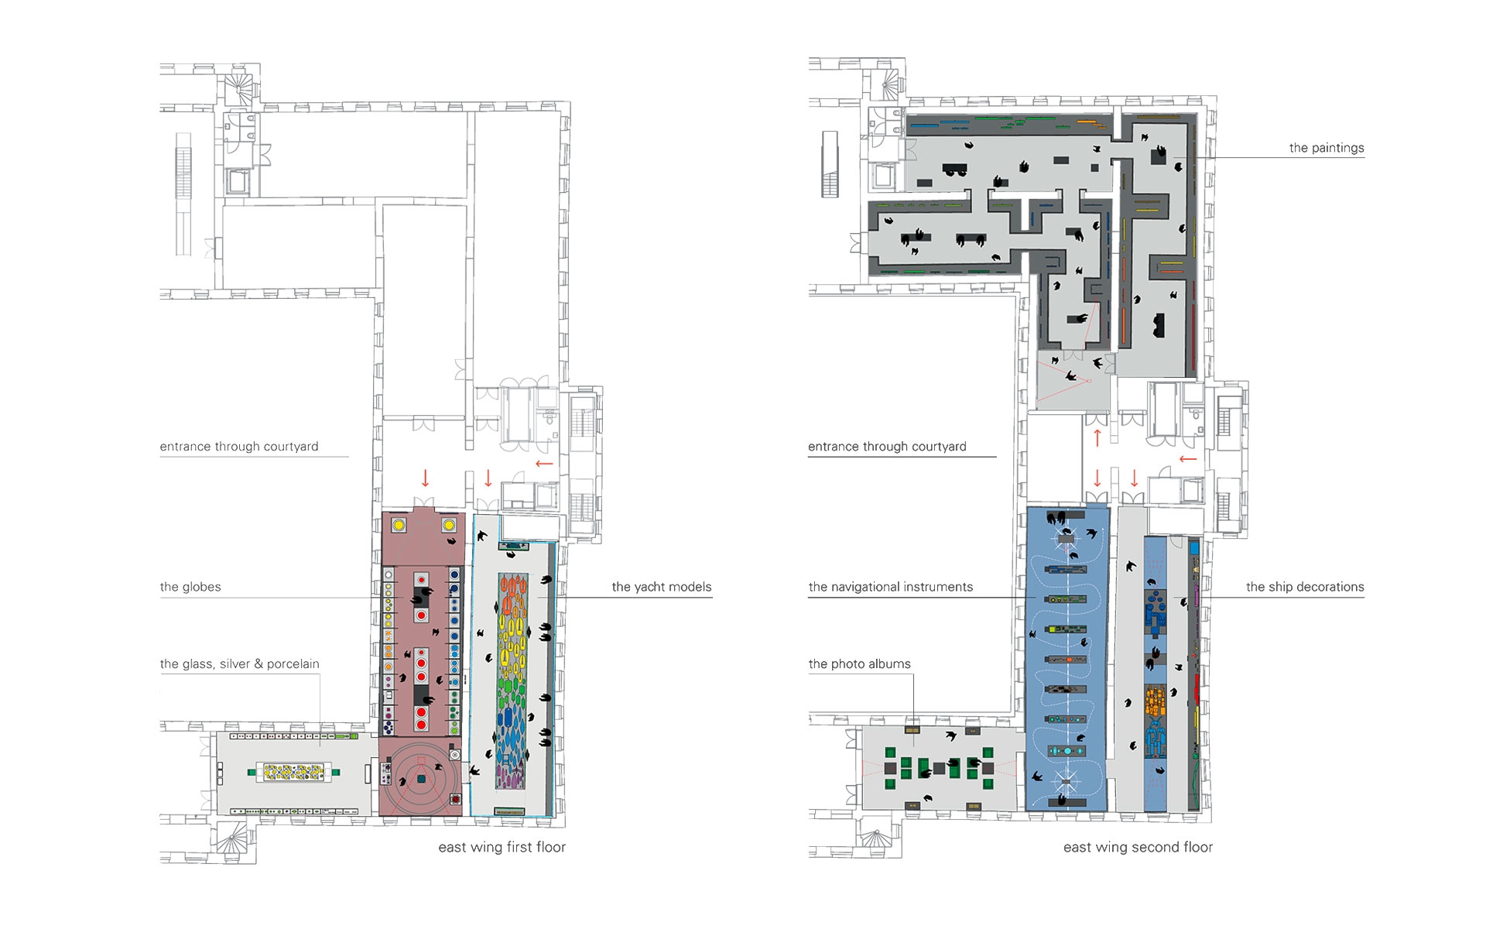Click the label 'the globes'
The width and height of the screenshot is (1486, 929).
click(x=190, y=587)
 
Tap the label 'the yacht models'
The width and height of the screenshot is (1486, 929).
click(x=662, y=587)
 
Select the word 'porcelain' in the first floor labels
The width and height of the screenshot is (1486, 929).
click(x=293, y=663)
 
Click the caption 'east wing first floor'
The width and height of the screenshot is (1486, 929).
click(x=502, y=847)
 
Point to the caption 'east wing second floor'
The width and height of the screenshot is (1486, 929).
click(x=1138, y=847)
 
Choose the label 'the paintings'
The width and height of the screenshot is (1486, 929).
click(x=1327, y=148)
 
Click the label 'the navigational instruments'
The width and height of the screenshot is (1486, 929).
click(x=891, y=587)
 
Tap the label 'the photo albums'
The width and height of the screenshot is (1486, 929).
click(x=859, y=663)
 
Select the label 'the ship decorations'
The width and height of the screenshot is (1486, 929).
click(x=1305, y=587)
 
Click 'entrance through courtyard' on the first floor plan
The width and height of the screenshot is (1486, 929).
click(x=239, y=447)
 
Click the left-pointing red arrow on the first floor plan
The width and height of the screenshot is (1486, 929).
click(x=544, y=464)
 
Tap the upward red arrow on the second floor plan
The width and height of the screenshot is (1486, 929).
click(x=1097, y=438)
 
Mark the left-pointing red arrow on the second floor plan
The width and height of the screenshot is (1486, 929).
click(x=1188, y=459)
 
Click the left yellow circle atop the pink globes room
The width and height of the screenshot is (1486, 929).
click(x=399, y=525)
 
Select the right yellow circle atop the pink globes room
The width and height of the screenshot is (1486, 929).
click(x=449, y=525)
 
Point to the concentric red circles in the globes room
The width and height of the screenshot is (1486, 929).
click(x=421, y=779)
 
